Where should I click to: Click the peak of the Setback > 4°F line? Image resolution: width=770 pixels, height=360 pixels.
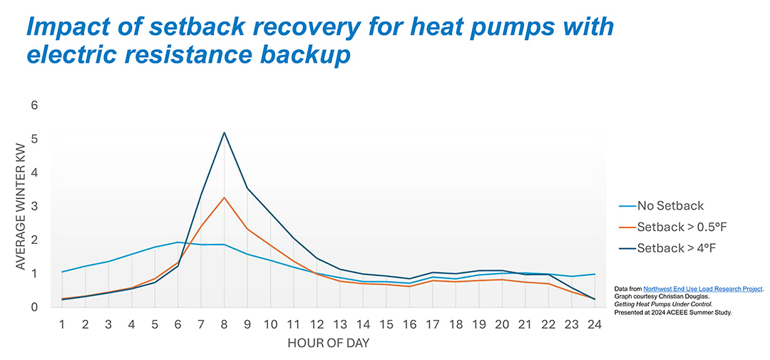click(x=225, y=133)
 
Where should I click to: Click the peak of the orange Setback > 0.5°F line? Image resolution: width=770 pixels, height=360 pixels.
click(x=225, y=197)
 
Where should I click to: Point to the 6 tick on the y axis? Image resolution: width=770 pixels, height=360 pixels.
click(x=34, y=106)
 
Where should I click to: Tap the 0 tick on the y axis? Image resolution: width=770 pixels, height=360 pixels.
click(x=34, y=307)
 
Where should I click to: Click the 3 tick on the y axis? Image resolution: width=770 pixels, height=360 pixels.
click(x=34, y=207)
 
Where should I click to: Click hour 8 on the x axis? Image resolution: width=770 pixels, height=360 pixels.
click(x=225, y=324)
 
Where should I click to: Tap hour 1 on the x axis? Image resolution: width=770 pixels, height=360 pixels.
click(x=63, y=324)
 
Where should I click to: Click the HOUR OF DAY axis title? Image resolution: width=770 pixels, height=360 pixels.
click(x=328, y=344)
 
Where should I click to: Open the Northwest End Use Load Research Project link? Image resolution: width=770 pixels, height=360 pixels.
click(x=703, y=289)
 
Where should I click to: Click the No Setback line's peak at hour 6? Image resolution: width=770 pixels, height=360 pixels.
click(x=178, y=242)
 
